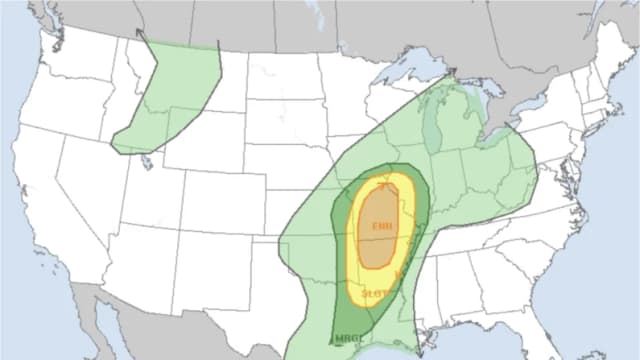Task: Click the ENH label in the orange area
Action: coord(382,227)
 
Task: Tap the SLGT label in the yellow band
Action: coord(375,293)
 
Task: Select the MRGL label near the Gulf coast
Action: coord(349,337)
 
